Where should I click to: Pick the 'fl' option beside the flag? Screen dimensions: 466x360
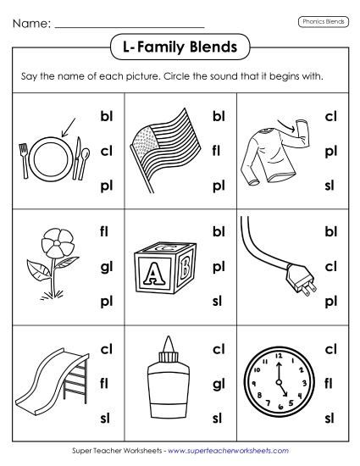click(218, 151)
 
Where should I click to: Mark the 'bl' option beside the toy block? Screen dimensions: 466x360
click(218, 230)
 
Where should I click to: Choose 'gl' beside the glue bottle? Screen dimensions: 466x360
click(218, 384)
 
